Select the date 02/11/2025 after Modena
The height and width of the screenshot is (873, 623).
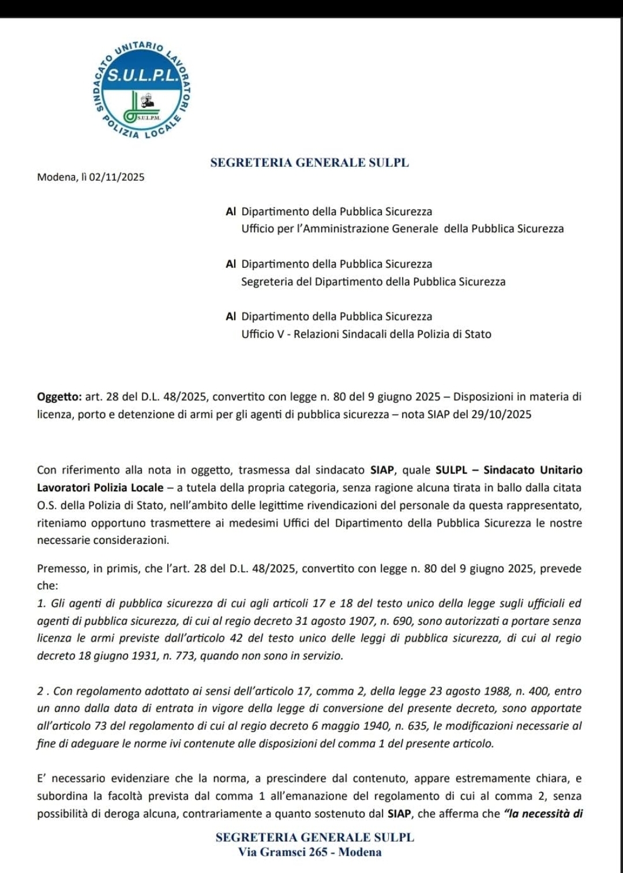[x=117, y=177]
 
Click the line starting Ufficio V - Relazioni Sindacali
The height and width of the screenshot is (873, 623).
[x=366, y=334]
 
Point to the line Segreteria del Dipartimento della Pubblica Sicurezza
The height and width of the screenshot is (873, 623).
[x=373, y=282]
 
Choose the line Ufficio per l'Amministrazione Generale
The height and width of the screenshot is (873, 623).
[x=403, y=229]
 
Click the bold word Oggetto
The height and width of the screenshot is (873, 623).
[x=59, y=397]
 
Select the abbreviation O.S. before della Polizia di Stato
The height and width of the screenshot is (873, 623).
[x=47, y=506]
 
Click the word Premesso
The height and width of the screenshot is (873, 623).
[x=62, y=569]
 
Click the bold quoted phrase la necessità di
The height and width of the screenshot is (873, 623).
[x=543, y=814]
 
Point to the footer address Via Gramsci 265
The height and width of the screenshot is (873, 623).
[x=310, y=852]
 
